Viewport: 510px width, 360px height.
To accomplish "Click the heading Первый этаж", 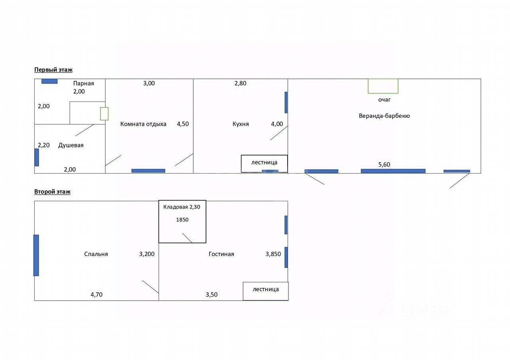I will tap(53, 70).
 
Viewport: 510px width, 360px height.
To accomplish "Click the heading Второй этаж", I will tap(52, 192).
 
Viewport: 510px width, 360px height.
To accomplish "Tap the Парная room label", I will tap(84, 83).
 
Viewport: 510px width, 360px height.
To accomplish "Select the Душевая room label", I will tap(71, 145).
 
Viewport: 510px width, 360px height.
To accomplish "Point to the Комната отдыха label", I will tap(143, 124).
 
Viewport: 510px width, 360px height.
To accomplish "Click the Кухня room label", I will tap(241, 124).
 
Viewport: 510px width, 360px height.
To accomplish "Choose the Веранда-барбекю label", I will tap(384, 116).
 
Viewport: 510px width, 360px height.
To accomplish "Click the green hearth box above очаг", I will tap(383, 86).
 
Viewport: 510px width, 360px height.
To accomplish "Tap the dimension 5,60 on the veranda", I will tap(384, 164).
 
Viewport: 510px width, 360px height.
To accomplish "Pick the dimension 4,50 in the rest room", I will tap(183, 124).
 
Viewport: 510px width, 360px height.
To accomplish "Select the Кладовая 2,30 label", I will tap(182, 207).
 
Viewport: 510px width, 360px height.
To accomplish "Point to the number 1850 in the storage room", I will tap(182, 220).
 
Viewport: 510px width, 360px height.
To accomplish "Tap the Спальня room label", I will tap(96, 254).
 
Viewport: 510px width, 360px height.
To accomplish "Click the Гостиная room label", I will tap(221, 254).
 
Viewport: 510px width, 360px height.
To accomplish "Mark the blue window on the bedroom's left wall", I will tap(36, 255).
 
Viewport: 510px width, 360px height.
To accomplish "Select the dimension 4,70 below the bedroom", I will tap(96, 295).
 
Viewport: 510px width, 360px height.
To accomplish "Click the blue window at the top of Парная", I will tap(49, 81).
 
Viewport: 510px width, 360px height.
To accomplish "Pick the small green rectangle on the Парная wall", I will tap(104, 114).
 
